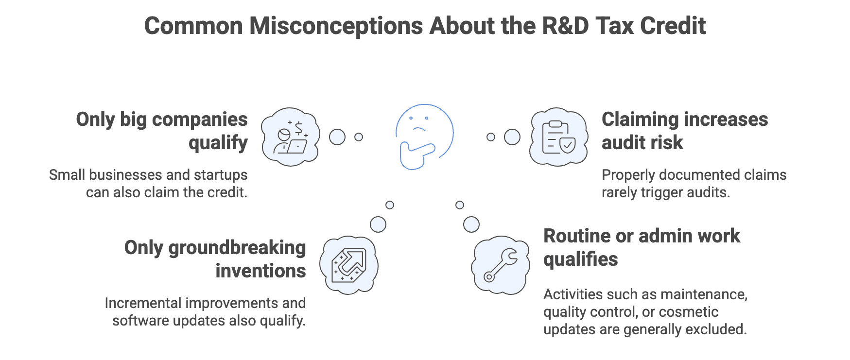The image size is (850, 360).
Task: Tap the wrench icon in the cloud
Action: [501, 265]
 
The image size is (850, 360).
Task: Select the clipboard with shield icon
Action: [558, 137]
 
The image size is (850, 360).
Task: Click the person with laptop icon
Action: [291, 137]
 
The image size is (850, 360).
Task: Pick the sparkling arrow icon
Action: [348, 265]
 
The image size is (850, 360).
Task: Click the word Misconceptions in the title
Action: [336, 26]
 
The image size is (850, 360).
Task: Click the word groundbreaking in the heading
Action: [237, 248]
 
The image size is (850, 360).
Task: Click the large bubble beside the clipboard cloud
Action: [512, 137]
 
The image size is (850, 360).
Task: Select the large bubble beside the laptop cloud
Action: [337, 137]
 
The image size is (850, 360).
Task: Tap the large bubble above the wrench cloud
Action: [471, 224]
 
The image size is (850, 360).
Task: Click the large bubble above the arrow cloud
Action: [378, 224]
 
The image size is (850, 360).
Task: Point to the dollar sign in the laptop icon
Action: [298, 128]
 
